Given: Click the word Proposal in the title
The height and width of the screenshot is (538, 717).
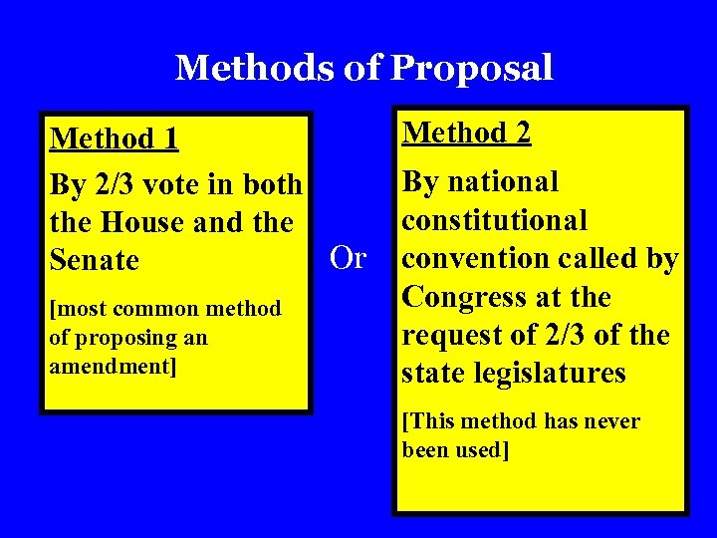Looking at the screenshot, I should click(472, 69).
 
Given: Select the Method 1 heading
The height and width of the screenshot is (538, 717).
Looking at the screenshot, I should click(115, 138).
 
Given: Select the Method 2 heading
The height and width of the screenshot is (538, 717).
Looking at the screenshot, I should click(466, 133).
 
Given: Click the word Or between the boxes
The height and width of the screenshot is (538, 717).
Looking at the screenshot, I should click(348, 258).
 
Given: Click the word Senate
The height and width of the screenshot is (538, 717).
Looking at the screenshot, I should click(94, 261).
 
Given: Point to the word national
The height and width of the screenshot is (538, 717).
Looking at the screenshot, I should click(503, 182).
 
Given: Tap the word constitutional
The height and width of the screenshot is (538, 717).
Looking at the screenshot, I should click(494, 220).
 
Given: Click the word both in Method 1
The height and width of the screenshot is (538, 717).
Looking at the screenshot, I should click(271, 185).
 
